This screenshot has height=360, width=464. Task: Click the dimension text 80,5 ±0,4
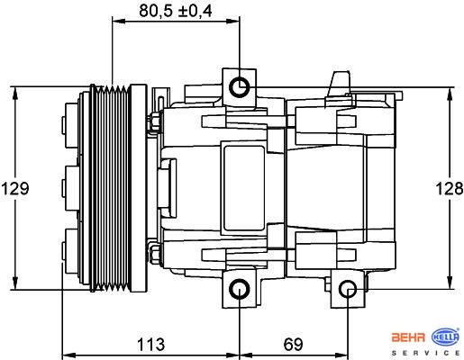pos(176,11)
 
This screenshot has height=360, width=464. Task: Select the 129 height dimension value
pos(15,189)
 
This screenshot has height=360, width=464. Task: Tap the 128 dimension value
pos(450,189)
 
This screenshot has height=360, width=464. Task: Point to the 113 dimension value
pos(151,344)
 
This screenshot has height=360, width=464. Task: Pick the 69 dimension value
pos(293,344)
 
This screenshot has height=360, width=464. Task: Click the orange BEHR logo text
pos(408,337)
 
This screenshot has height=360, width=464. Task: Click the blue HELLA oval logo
pos(445,337)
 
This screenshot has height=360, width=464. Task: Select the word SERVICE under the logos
pos(426,353)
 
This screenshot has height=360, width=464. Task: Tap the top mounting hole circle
pos(240,87)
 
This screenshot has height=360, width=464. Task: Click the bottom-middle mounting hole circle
pos(240,289)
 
